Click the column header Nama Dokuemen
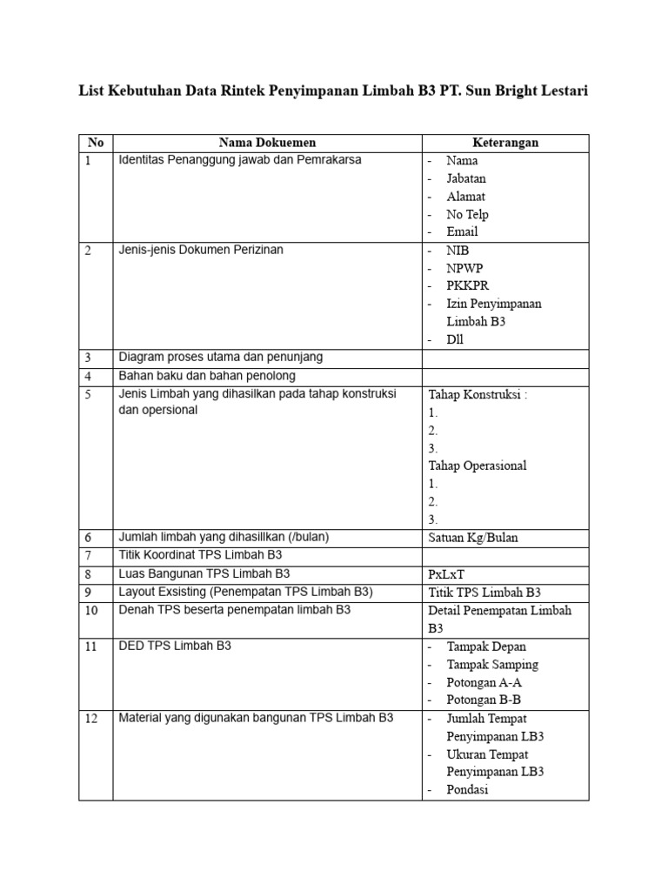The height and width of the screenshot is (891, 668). (x=267, y=143)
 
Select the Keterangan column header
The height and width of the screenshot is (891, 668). (x=505, y=143)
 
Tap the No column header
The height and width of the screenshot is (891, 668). (x=95, y=143)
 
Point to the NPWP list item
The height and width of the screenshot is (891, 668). (x=464, y=268)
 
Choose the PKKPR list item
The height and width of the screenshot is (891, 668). (x=467, y=285)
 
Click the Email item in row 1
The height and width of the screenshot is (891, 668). (x=462, y=232)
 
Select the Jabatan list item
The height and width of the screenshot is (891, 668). (x=466, y=178)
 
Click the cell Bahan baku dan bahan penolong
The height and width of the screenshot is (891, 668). (x=207, y=376)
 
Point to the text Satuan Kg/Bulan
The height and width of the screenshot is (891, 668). (x=472, y=538)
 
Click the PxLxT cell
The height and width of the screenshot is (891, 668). (x=445, y=574)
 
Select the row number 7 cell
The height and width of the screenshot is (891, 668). (x=88, y=555)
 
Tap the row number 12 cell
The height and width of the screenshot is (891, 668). (x=90, y=719)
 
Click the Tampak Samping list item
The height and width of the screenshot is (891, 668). (x=492, y=665)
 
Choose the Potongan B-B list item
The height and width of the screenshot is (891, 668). (x=484, y=700)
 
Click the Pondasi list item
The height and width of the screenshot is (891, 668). (x=467, y=790)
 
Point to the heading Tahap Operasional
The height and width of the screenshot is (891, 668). (x=478, y=466)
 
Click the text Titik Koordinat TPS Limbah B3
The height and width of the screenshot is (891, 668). (x=200, y=555)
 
